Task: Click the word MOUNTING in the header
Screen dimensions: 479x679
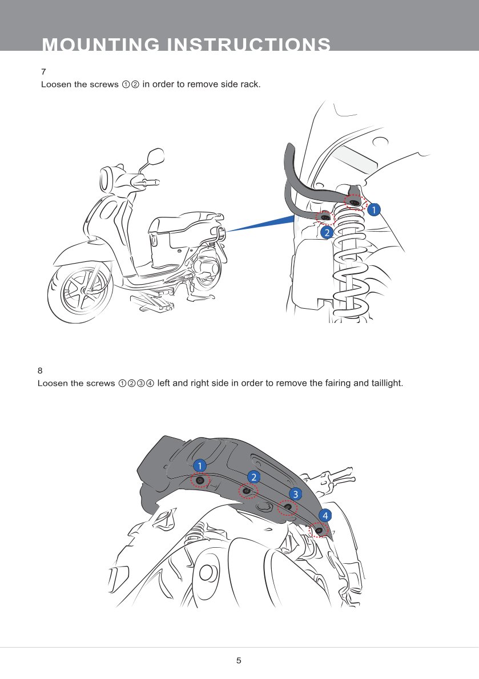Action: (x=100, y=45)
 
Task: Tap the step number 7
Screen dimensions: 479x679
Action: (x=43, y=71)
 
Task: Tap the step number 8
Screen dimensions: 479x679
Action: (x=41, y=370)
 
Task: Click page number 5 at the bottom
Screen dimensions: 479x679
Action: (x=239, y=660)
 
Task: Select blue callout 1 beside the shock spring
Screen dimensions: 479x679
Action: (x=373, y=210)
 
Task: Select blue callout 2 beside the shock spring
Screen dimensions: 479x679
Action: (x=327, y=233)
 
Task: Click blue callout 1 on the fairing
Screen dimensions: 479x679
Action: (x=199, y=466)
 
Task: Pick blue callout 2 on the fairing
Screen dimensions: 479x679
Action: (x=254, y=477)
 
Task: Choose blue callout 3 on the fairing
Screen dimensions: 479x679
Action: (x=295, y=494)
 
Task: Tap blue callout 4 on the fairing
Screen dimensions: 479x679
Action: (x=325, y=515)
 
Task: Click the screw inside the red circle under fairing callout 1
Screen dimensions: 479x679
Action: (x=200, y=480)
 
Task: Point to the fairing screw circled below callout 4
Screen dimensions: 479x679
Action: (x=319, y=530)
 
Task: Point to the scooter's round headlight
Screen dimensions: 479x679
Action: (x=107, y=180)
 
